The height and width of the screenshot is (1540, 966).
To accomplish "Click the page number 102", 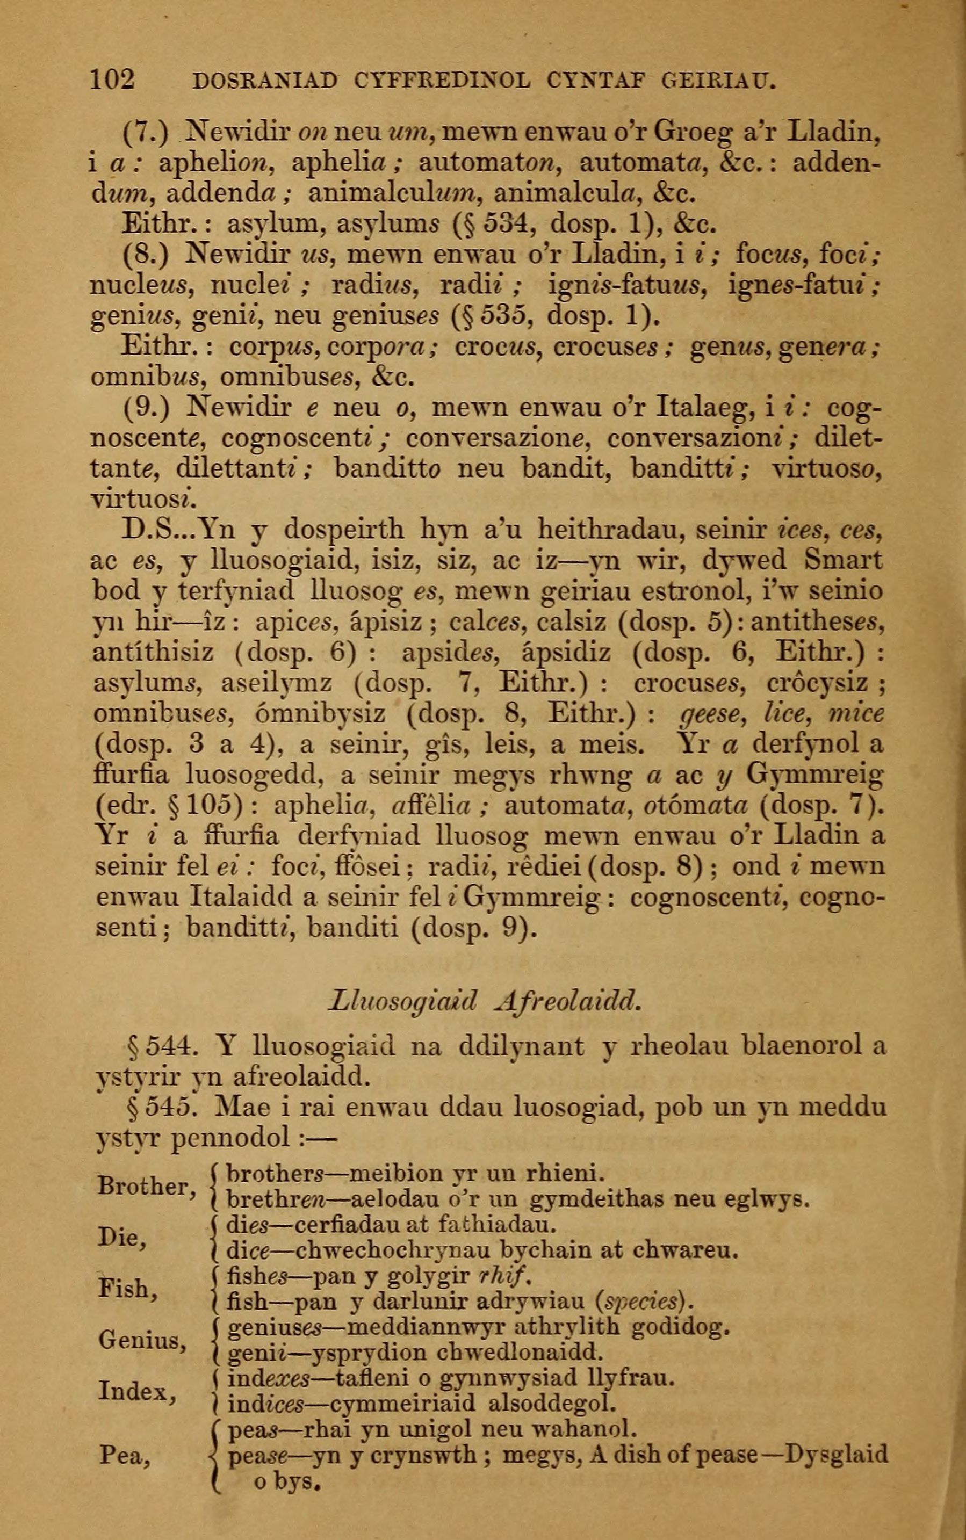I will (x=112, y=80).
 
